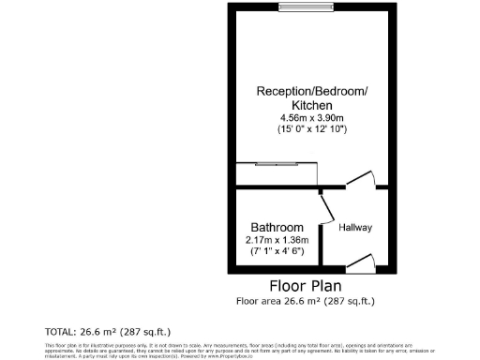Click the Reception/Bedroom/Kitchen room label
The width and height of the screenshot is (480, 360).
[312, 91]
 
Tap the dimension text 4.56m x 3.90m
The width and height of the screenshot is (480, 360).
[312, 117]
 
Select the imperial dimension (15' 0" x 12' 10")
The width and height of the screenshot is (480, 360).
[312, 128]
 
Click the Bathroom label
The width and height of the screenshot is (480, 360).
[277, 228]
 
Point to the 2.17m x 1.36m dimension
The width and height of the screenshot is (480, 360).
[277, 240]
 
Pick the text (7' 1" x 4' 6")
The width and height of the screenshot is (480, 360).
[277, 251]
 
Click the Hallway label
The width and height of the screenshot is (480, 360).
[355, 228]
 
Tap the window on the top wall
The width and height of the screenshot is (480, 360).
[307, 8]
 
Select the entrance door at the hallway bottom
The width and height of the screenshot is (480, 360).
[360, 263]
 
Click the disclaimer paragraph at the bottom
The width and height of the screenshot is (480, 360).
[239, 351]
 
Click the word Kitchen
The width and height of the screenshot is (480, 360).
[312, 104]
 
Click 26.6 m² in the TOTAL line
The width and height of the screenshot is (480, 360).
[112, 332]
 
